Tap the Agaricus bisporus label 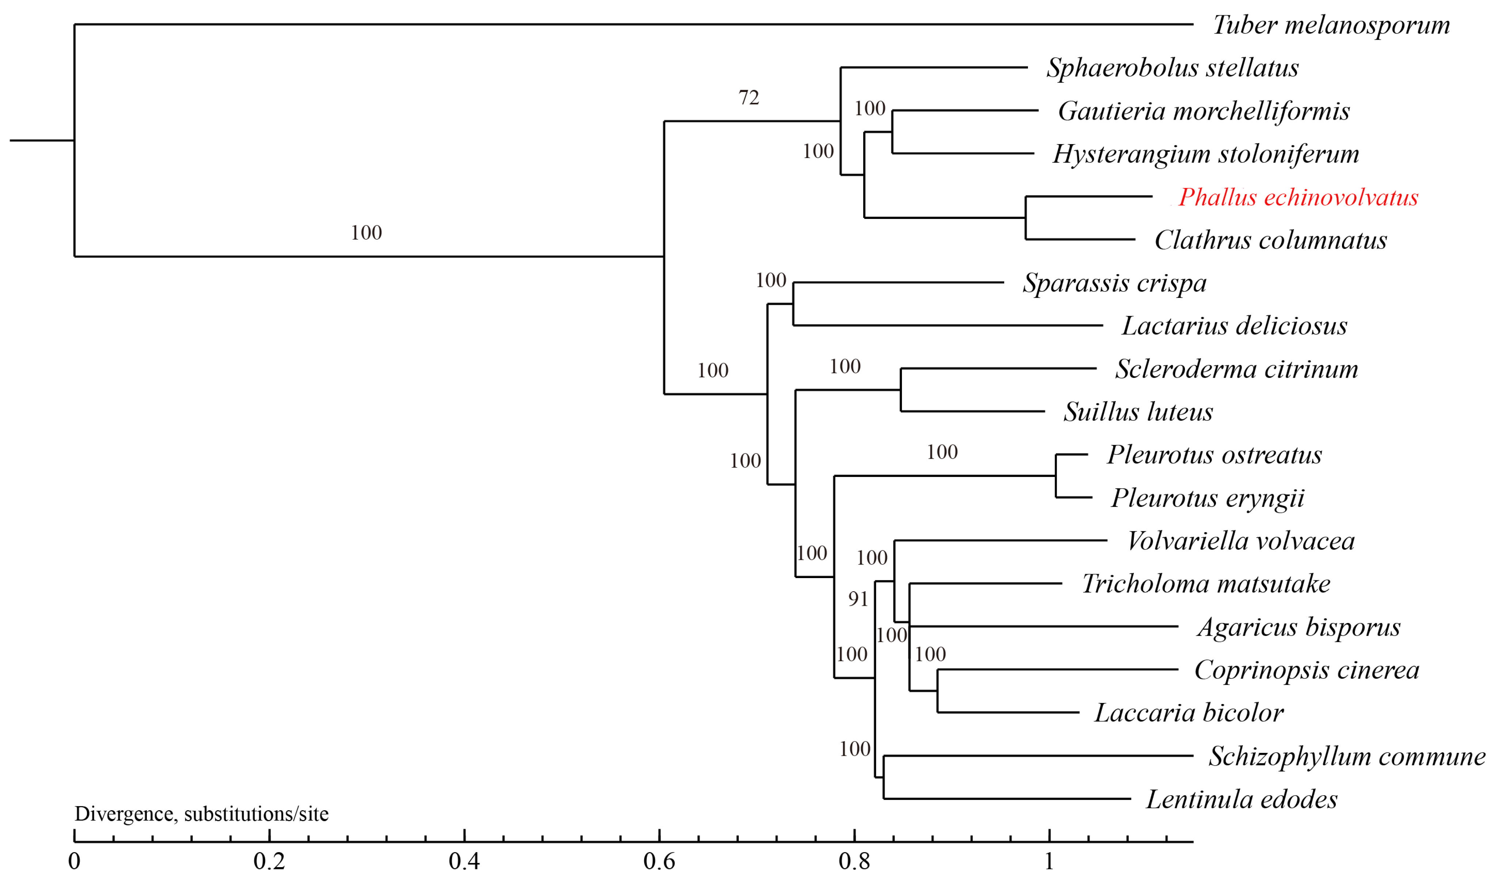[x=1299, y=627]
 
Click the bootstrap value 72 [x=748, y=97]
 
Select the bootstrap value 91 [x=858, y=599]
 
